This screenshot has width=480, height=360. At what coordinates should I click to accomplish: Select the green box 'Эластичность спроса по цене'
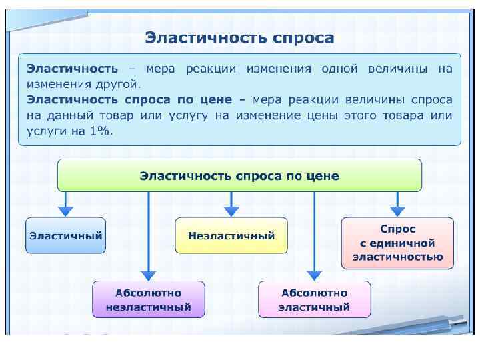[239, 176]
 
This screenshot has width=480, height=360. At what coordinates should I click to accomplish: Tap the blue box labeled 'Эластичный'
[65, 235]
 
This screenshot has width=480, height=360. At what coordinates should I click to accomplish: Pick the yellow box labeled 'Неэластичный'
[231, 235]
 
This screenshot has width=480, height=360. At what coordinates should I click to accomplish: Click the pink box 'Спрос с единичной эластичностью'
[397, 243]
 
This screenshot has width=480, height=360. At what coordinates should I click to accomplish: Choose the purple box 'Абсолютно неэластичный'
[148, 300]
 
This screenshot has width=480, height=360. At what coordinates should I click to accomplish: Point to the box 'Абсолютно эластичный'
[314, 300]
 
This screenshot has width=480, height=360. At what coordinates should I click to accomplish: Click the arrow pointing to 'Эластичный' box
[65, 204]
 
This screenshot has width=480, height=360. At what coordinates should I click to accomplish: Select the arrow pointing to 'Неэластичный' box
[231, 204]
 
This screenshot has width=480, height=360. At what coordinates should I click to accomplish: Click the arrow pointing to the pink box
[397, 204]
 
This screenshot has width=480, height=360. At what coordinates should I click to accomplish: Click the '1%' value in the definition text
[100, 131]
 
